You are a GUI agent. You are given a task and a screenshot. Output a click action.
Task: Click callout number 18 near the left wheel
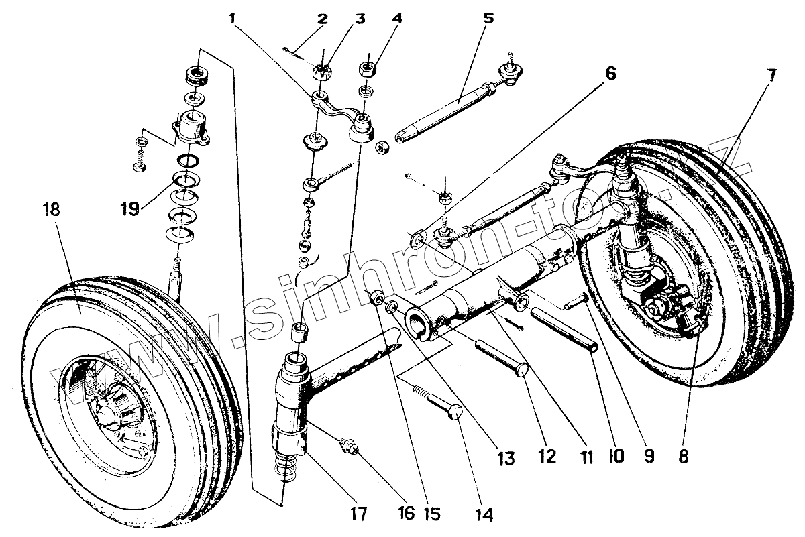tap(50, 210)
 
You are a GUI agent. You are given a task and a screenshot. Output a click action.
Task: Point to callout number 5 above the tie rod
tap(488, 18)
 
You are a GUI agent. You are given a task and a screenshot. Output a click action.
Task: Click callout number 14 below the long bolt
tap(484, 514)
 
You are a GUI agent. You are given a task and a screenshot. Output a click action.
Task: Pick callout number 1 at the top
tap(232, 18)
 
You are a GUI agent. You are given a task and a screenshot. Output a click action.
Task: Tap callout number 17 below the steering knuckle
tap(358, 514)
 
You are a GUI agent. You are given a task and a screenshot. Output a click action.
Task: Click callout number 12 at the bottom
tap(546, 457)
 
